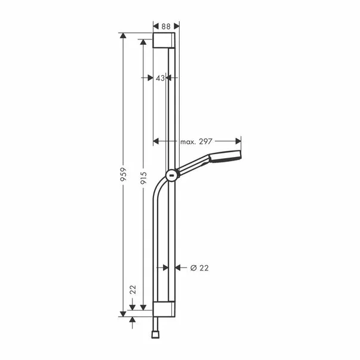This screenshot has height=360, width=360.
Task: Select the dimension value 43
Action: coord(159,78)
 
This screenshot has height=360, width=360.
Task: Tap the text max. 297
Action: coord(196,141)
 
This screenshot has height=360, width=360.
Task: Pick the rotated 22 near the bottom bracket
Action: coord(133,290)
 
